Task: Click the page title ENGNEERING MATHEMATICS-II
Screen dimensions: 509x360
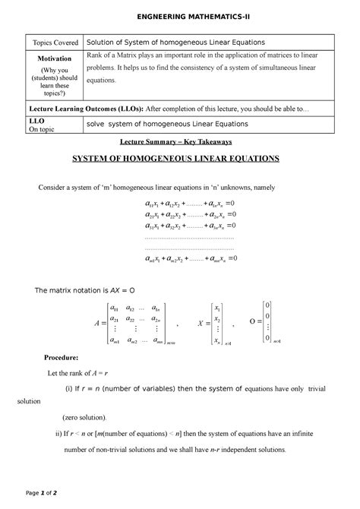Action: click(x=180, y=15)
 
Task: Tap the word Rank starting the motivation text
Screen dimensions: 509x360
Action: click(x=97, y=57)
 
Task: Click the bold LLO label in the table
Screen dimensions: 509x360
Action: click(x=37, y=120)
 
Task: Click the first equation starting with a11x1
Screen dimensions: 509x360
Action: click(x=191, y=204)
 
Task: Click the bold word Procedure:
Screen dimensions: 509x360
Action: click(x=67, y=356)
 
